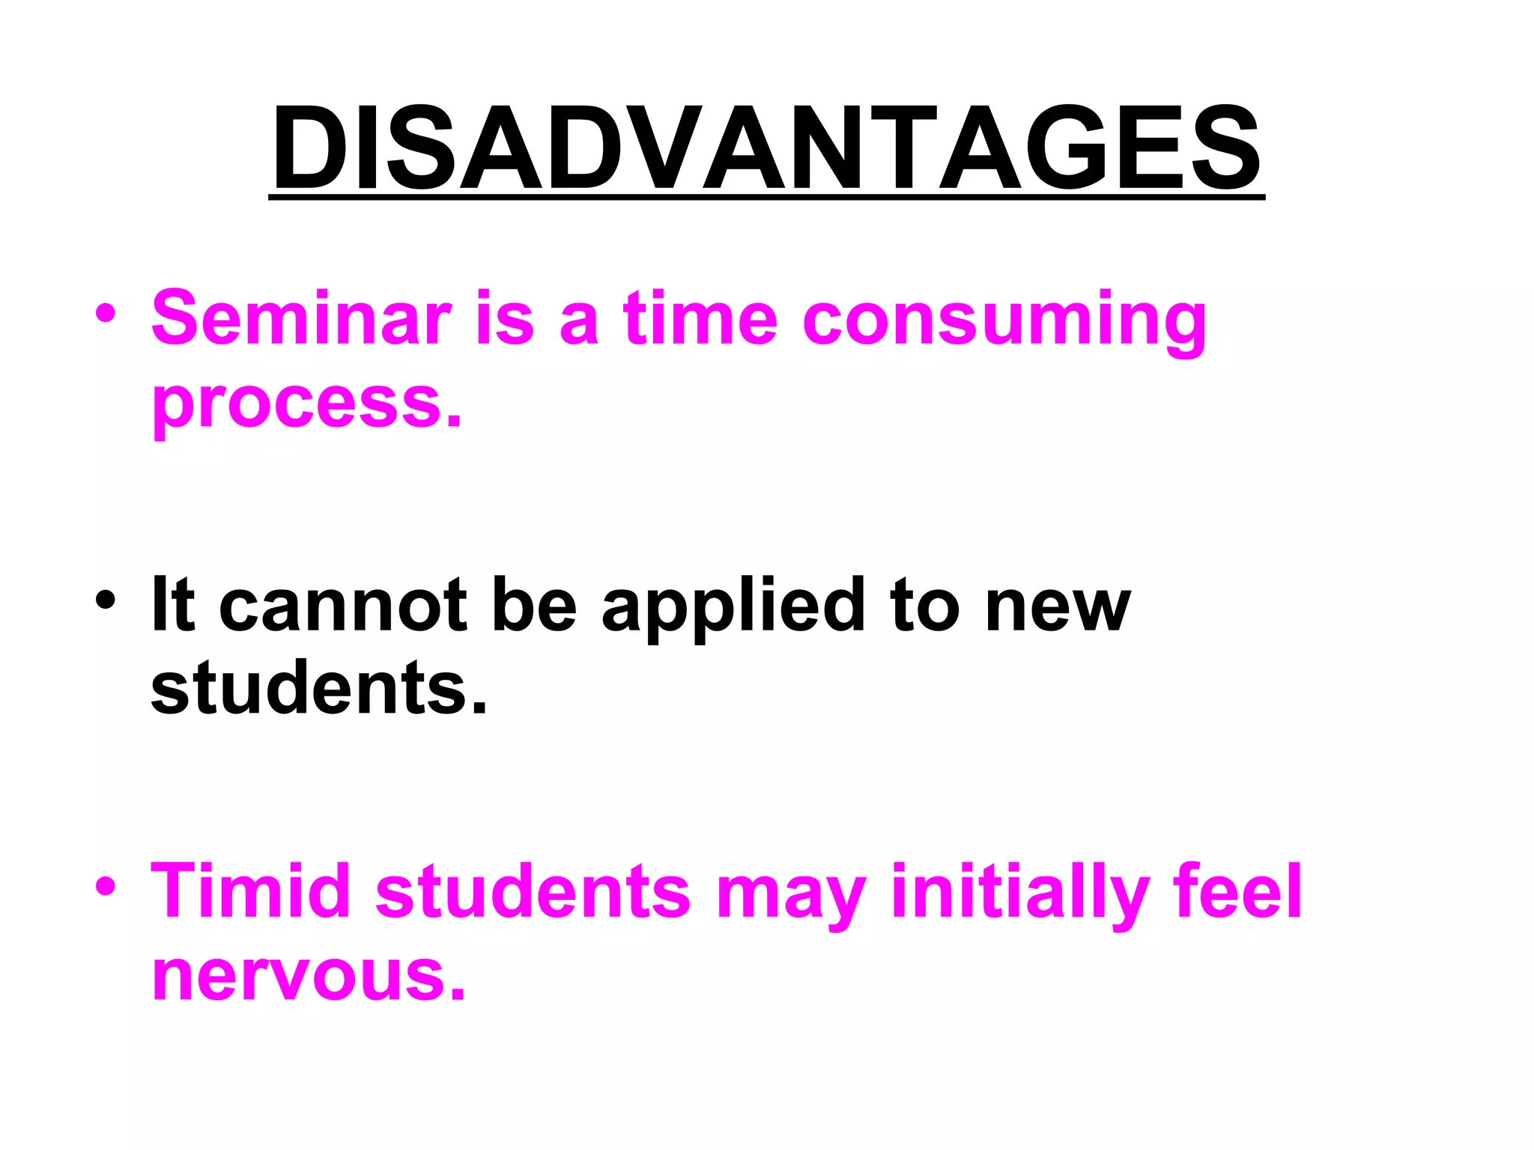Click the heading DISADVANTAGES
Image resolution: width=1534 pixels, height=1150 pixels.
pos(766,148)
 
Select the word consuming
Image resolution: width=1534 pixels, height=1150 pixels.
pos(1004,322)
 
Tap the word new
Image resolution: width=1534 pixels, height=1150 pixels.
pos(1057,606)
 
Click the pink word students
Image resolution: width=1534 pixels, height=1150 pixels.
pos(533,890)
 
